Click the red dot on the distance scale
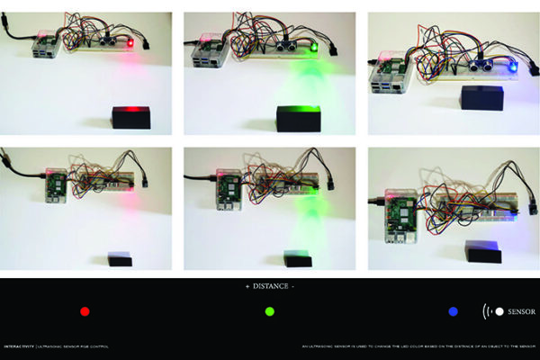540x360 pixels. point(85,311)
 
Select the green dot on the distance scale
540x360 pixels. point(269,311)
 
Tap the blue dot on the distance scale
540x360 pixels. point(453,311)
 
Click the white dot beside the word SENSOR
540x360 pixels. point(499,311)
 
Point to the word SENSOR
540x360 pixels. point(521,311)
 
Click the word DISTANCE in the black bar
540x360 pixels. point(270,286)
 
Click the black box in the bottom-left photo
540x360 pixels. point(120,259)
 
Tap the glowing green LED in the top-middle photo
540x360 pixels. point(312,47)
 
